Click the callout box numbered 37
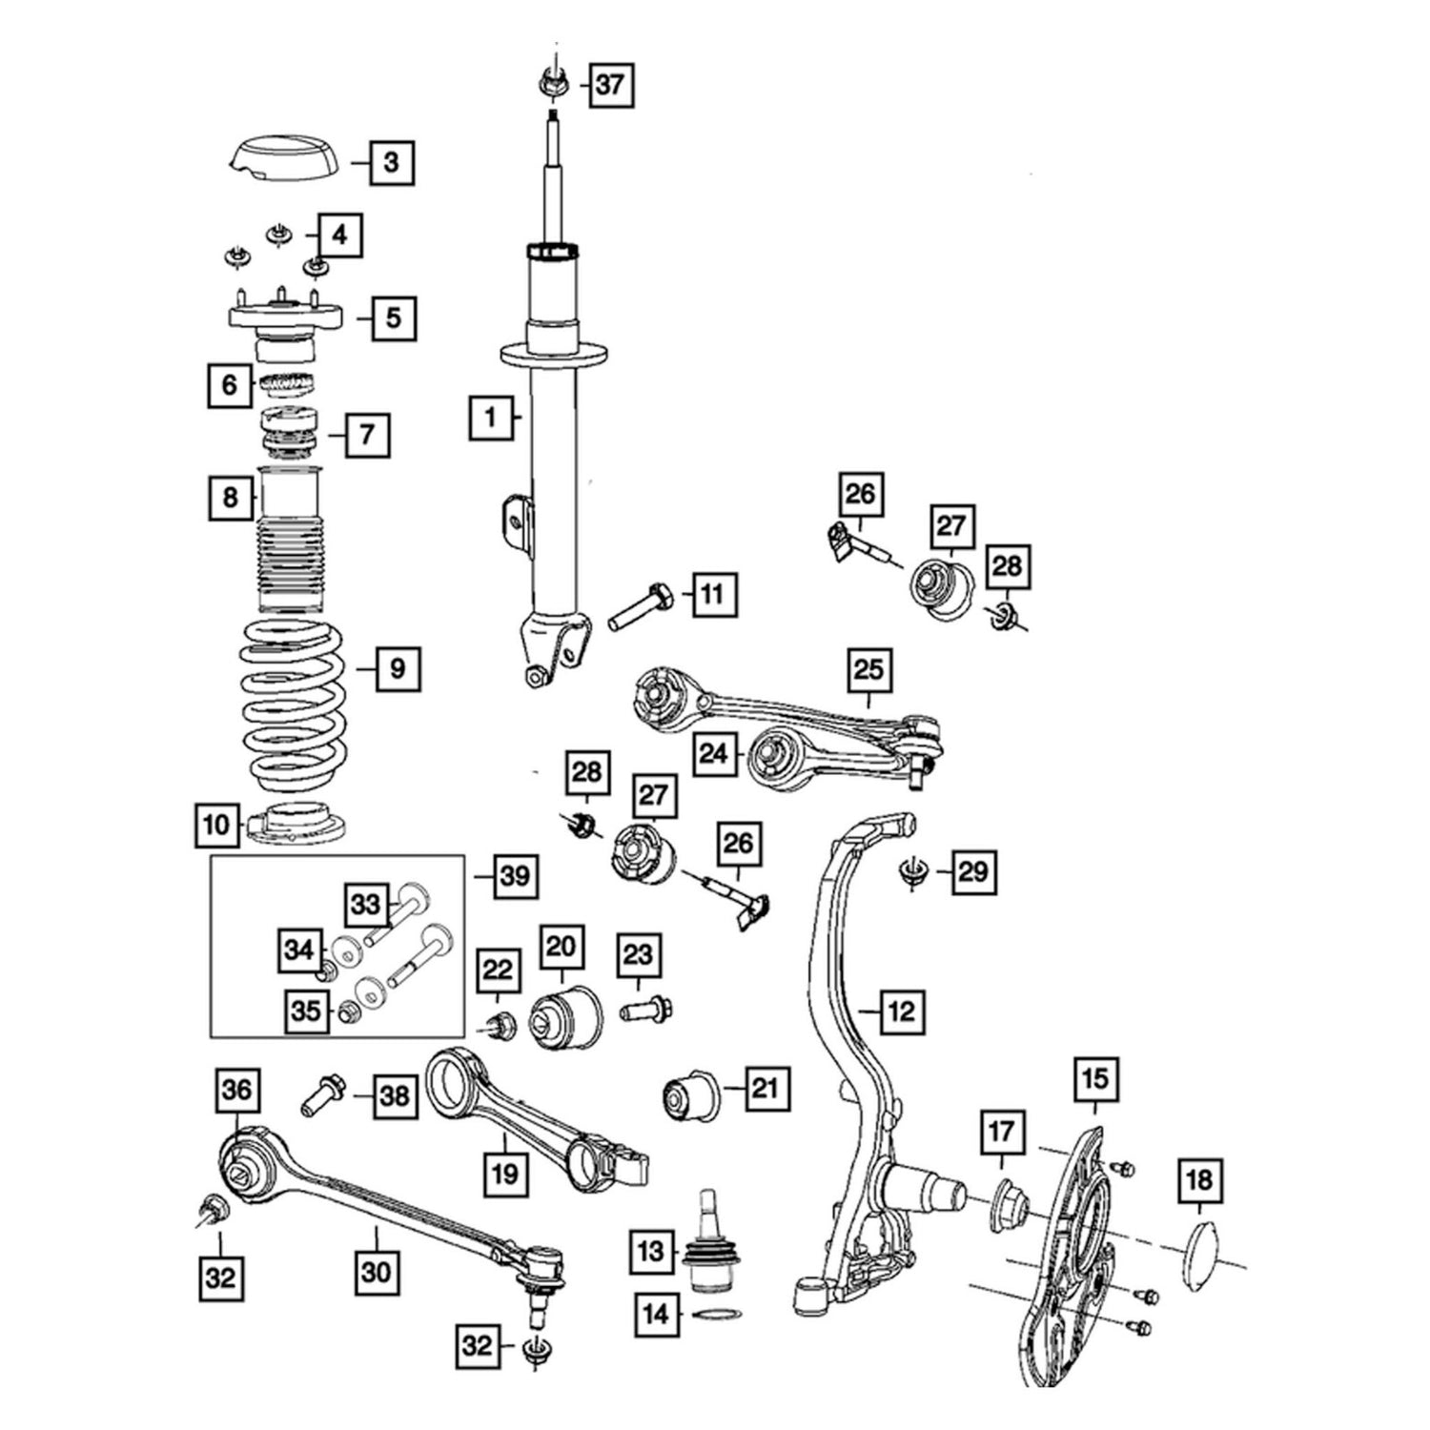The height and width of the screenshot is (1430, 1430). [x=610, y=86]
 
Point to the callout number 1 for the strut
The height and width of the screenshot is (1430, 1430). [x=492, y=417]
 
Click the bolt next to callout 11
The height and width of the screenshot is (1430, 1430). [x=640, y=604]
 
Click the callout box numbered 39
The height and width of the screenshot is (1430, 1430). [x=515, y=875]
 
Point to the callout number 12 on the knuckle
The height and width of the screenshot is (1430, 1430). [x=900, y=1010]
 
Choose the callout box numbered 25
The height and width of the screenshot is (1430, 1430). [x=868, y=670]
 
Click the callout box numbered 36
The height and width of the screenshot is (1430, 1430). [x=237, y=1090]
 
